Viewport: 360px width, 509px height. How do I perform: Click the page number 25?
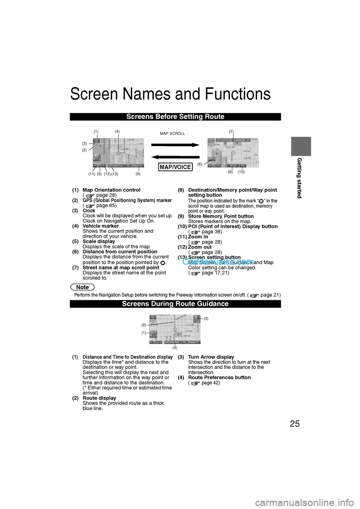click(295, 424)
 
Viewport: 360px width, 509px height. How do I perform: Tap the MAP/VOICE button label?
click(175, 167)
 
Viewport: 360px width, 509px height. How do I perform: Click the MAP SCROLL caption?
click(172, 133)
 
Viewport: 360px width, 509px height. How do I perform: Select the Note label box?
click(82, 287)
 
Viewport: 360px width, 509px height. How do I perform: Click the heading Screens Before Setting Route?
click(175, 117)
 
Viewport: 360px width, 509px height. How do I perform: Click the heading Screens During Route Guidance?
click(175, 304)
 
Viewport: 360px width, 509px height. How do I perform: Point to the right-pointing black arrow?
click(175, 145)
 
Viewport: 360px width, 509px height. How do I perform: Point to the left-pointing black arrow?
click(175, 157)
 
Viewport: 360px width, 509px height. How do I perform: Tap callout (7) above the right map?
click(231, 132)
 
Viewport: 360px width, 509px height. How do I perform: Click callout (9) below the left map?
click(138, 174)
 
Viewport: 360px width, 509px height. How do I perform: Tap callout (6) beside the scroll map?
click(200, 164)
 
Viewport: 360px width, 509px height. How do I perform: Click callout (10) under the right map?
click(241, 172)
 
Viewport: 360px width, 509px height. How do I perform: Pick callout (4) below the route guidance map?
click(175, 348)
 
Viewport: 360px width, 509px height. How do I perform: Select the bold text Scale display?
click(99, 241)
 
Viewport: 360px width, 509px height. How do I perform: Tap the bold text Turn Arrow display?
click(211, 357)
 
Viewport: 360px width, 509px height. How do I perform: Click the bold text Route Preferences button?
click(219, 377)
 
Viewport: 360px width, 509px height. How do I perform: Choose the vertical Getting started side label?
click(299, 178)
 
